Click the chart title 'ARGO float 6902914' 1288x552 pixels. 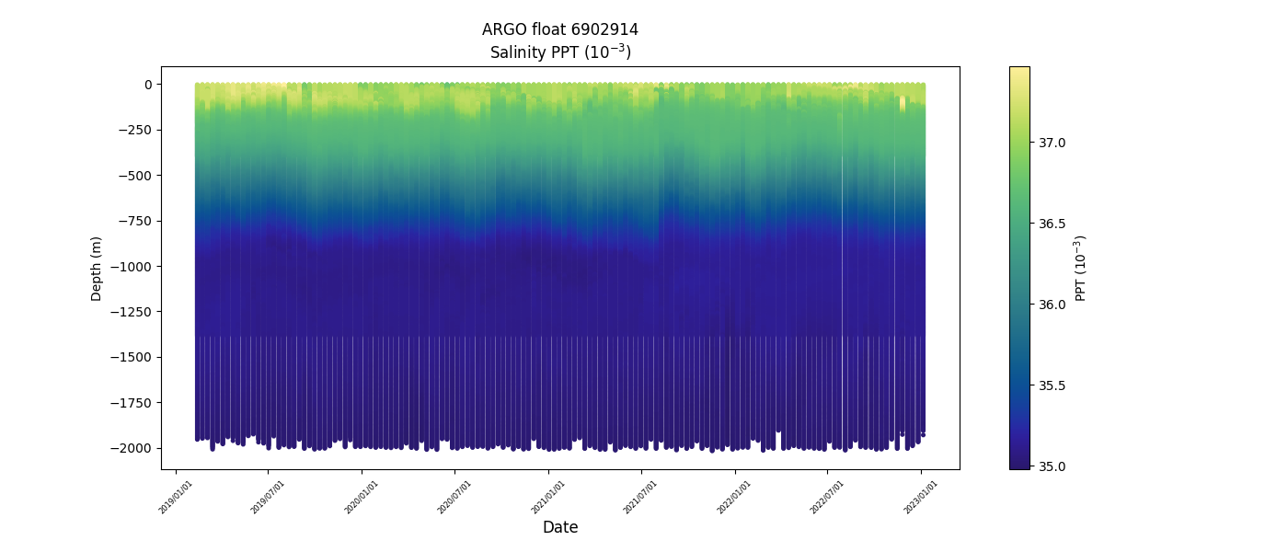(559, 29)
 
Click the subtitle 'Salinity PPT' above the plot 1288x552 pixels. (559, 52)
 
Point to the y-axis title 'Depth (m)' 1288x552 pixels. (97, 268)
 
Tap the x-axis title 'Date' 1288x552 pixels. (559, 527)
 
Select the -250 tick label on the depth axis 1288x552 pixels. (135, 130)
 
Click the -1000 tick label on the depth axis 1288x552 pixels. (132, 267)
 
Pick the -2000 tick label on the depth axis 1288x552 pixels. (132, 448)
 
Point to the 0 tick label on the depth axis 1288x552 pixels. (147, 85)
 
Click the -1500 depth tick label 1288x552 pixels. (132, 357)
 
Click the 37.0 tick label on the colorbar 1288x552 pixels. (1052, 143)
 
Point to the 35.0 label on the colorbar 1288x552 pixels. (1052, 466)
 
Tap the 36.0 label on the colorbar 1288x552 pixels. (1052, 305)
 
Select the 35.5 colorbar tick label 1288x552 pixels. (1052, 385)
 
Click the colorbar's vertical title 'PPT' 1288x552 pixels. (1081, 268)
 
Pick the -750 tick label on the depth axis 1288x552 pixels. (135, 221)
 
